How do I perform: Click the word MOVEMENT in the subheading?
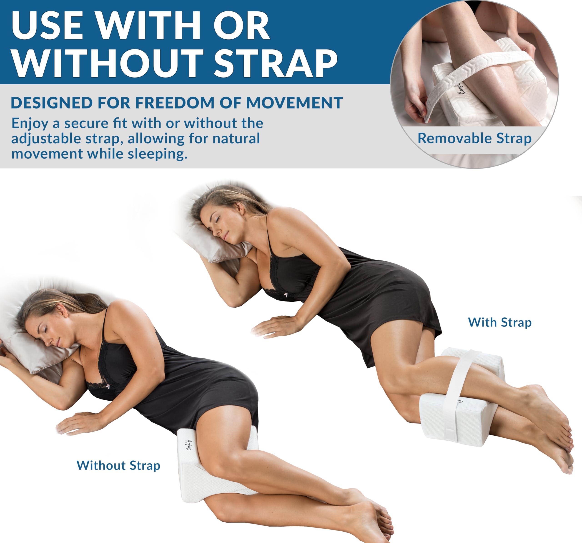294,103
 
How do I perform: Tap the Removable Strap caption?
474,138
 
